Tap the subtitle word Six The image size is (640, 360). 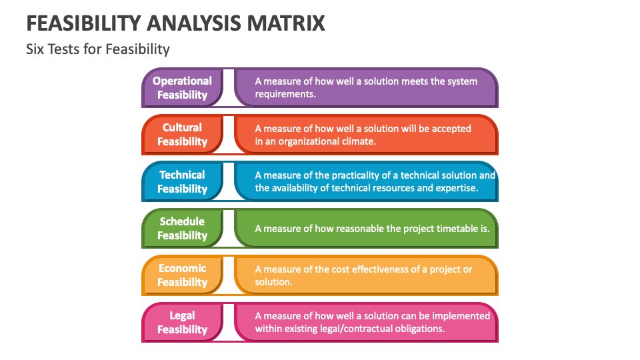coord(35,49)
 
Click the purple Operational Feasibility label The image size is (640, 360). coord(182,87)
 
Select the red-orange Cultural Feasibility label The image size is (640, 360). coord(182,134)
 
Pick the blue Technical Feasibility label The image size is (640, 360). coord(182,181)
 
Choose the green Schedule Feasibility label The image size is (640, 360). coord(182,228)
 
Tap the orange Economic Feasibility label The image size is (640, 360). coord(182,275)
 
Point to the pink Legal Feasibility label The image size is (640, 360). coord(182,322)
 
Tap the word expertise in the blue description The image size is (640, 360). coord(454,188)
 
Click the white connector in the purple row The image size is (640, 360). coord(229,87)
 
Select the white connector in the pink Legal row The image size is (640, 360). coord(229,322)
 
